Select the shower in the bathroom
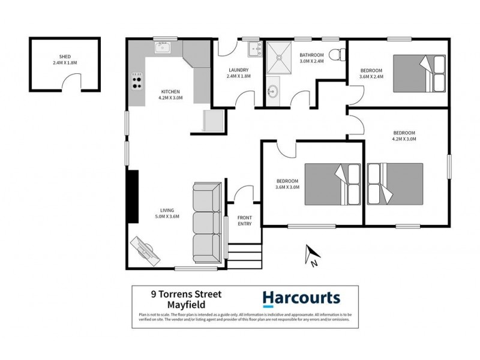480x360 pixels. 278,56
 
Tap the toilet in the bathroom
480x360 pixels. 338,55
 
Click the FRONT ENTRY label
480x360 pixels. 244,220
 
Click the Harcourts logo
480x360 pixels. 302,298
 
